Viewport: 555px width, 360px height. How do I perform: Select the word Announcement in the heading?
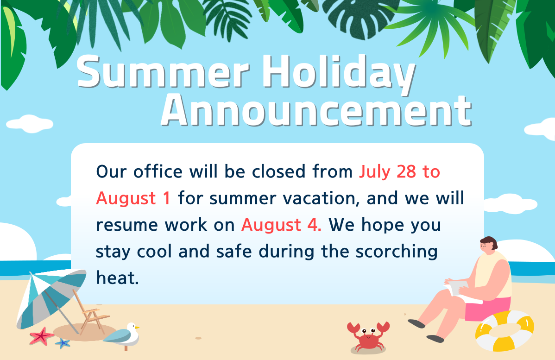pos(316,111)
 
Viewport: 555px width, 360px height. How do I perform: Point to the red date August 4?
pos(281,225)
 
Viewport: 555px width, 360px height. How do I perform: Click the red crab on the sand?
pos(368,337)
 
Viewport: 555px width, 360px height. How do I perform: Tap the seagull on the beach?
pos(123,336)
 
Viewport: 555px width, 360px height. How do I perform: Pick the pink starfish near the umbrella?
pos(42,336)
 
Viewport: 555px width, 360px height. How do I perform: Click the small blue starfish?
pos(63,343)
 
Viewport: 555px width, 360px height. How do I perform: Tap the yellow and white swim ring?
pos(505,331)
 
